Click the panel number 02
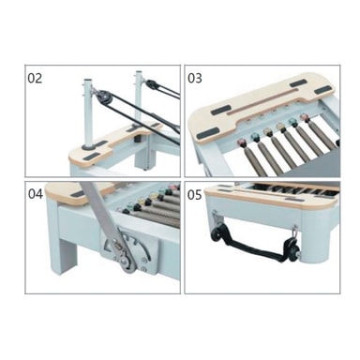35,78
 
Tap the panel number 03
195,78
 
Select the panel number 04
35,194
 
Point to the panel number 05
194,195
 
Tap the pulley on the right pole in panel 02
152,83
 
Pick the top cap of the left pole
88,81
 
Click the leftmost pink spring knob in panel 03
242,142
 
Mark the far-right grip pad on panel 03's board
322,90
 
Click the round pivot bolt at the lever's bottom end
127,262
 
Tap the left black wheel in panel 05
217,233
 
